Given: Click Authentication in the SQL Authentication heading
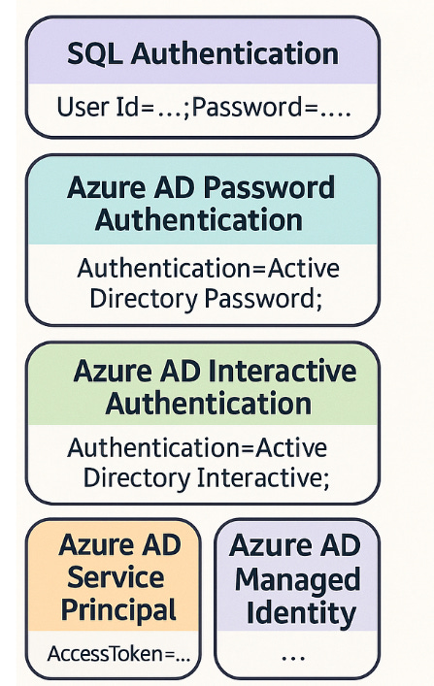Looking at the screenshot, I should (x=235, y=53).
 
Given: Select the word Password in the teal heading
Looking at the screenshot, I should (x=273, y=187).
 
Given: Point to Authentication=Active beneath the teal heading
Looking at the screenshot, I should (x=208, y=267).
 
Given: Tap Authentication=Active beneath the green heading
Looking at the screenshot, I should (x=197, y=448).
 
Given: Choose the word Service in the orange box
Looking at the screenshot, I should (x=113, y=577).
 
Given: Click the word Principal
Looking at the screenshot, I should (x=118, y=610).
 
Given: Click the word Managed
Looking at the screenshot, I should (x=297, y=579).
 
